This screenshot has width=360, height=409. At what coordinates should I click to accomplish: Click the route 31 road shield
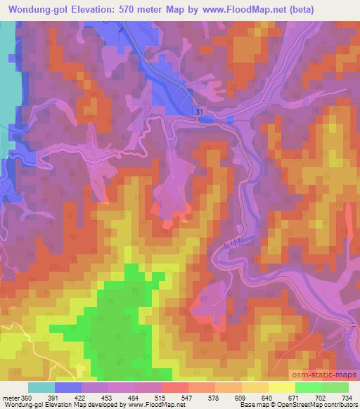click(200, 112)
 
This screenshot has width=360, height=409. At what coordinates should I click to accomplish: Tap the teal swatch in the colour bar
click(41, 388)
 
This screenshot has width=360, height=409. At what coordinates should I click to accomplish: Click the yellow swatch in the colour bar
click(281, 388)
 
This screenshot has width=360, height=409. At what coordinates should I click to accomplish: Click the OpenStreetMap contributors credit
click(317, 405)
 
